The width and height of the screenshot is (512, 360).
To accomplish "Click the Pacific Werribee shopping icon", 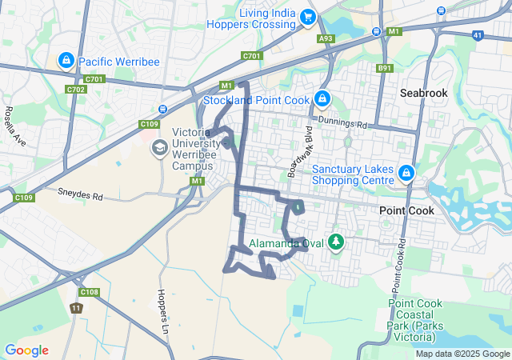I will [66, 60].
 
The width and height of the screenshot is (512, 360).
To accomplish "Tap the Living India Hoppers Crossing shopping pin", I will [307, 17].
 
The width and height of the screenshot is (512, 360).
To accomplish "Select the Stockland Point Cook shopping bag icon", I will [321, 99].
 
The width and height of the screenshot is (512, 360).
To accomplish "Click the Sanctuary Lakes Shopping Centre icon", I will [406, 173].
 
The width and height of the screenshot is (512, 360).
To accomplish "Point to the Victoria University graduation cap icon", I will [159, 148].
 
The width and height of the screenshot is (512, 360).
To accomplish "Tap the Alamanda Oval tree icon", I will [336, 242].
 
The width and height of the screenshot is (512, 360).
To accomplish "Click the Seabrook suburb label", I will [424, 93].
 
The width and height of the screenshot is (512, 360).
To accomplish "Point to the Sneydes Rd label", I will [81, 194].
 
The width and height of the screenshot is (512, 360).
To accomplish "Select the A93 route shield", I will [326, 38].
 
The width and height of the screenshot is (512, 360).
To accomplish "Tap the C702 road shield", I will [76, 90].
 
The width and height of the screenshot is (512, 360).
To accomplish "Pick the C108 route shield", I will [90, 292].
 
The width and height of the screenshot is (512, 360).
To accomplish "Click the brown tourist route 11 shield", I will [76, 308].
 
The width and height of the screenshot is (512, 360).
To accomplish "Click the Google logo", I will [26, 350].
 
